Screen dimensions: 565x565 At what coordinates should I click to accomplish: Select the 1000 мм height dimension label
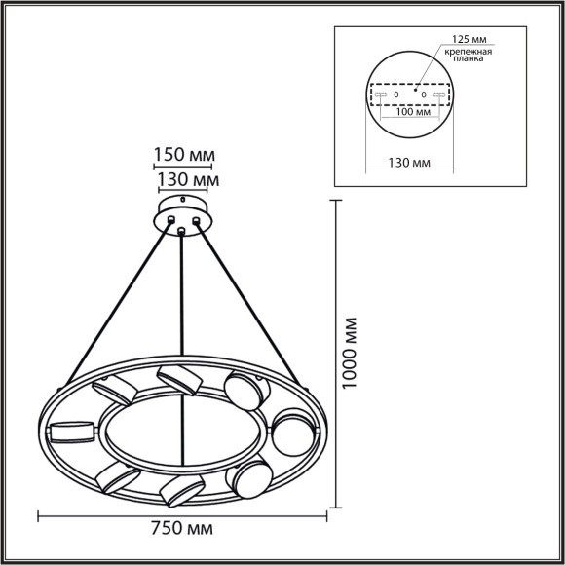pyautogui.click(x=353, y=354)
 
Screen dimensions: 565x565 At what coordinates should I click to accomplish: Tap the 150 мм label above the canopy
pyautogui.click(x=183, y=155)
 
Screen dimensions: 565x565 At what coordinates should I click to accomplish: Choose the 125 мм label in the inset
pyautogui.click(x=470, y=39)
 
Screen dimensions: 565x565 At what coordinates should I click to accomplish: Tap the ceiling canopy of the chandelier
pyautogui.click(x=182, y=213)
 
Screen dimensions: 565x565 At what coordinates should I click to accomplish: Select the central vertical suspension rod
pyautogui.click(x=182, y=321)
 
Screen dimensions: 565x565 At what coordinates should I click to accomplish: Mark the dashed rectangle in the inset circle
pyautogui.click(x=409, y=94)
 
